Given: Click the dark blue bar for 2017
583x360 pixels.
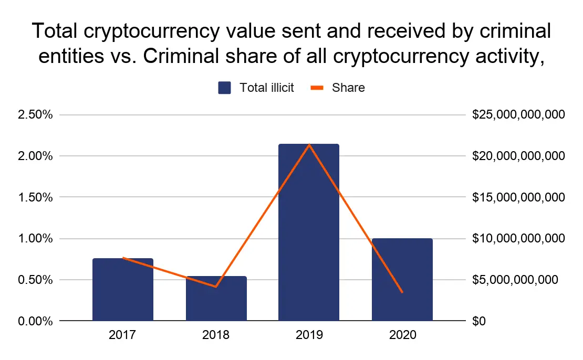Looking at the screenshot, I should click(123, 289).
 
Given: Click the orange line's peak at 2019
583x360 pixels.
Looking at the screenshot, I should click(309, 144).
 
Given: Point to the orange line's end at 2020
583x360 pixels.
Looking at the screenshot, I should click(402, 292).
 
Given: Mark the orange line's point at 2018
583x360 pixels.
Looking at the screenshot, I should click(216, 287).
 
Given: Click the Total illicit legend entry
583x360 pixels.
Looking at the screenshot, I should click(256, 88).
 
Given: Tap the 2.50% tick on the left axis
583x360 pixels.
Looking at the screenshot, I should click(35, 115).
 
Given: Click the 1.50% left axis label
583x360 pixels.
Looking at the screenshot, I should click(35, 197).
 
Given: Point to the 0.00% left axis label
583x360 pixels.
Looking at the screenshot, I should click(35, 321).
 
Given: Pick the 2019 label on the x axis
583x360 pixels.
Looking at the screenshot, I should click(309, 335).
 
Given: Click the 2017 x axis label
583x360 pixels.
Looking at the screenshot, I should click(123, 335).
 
